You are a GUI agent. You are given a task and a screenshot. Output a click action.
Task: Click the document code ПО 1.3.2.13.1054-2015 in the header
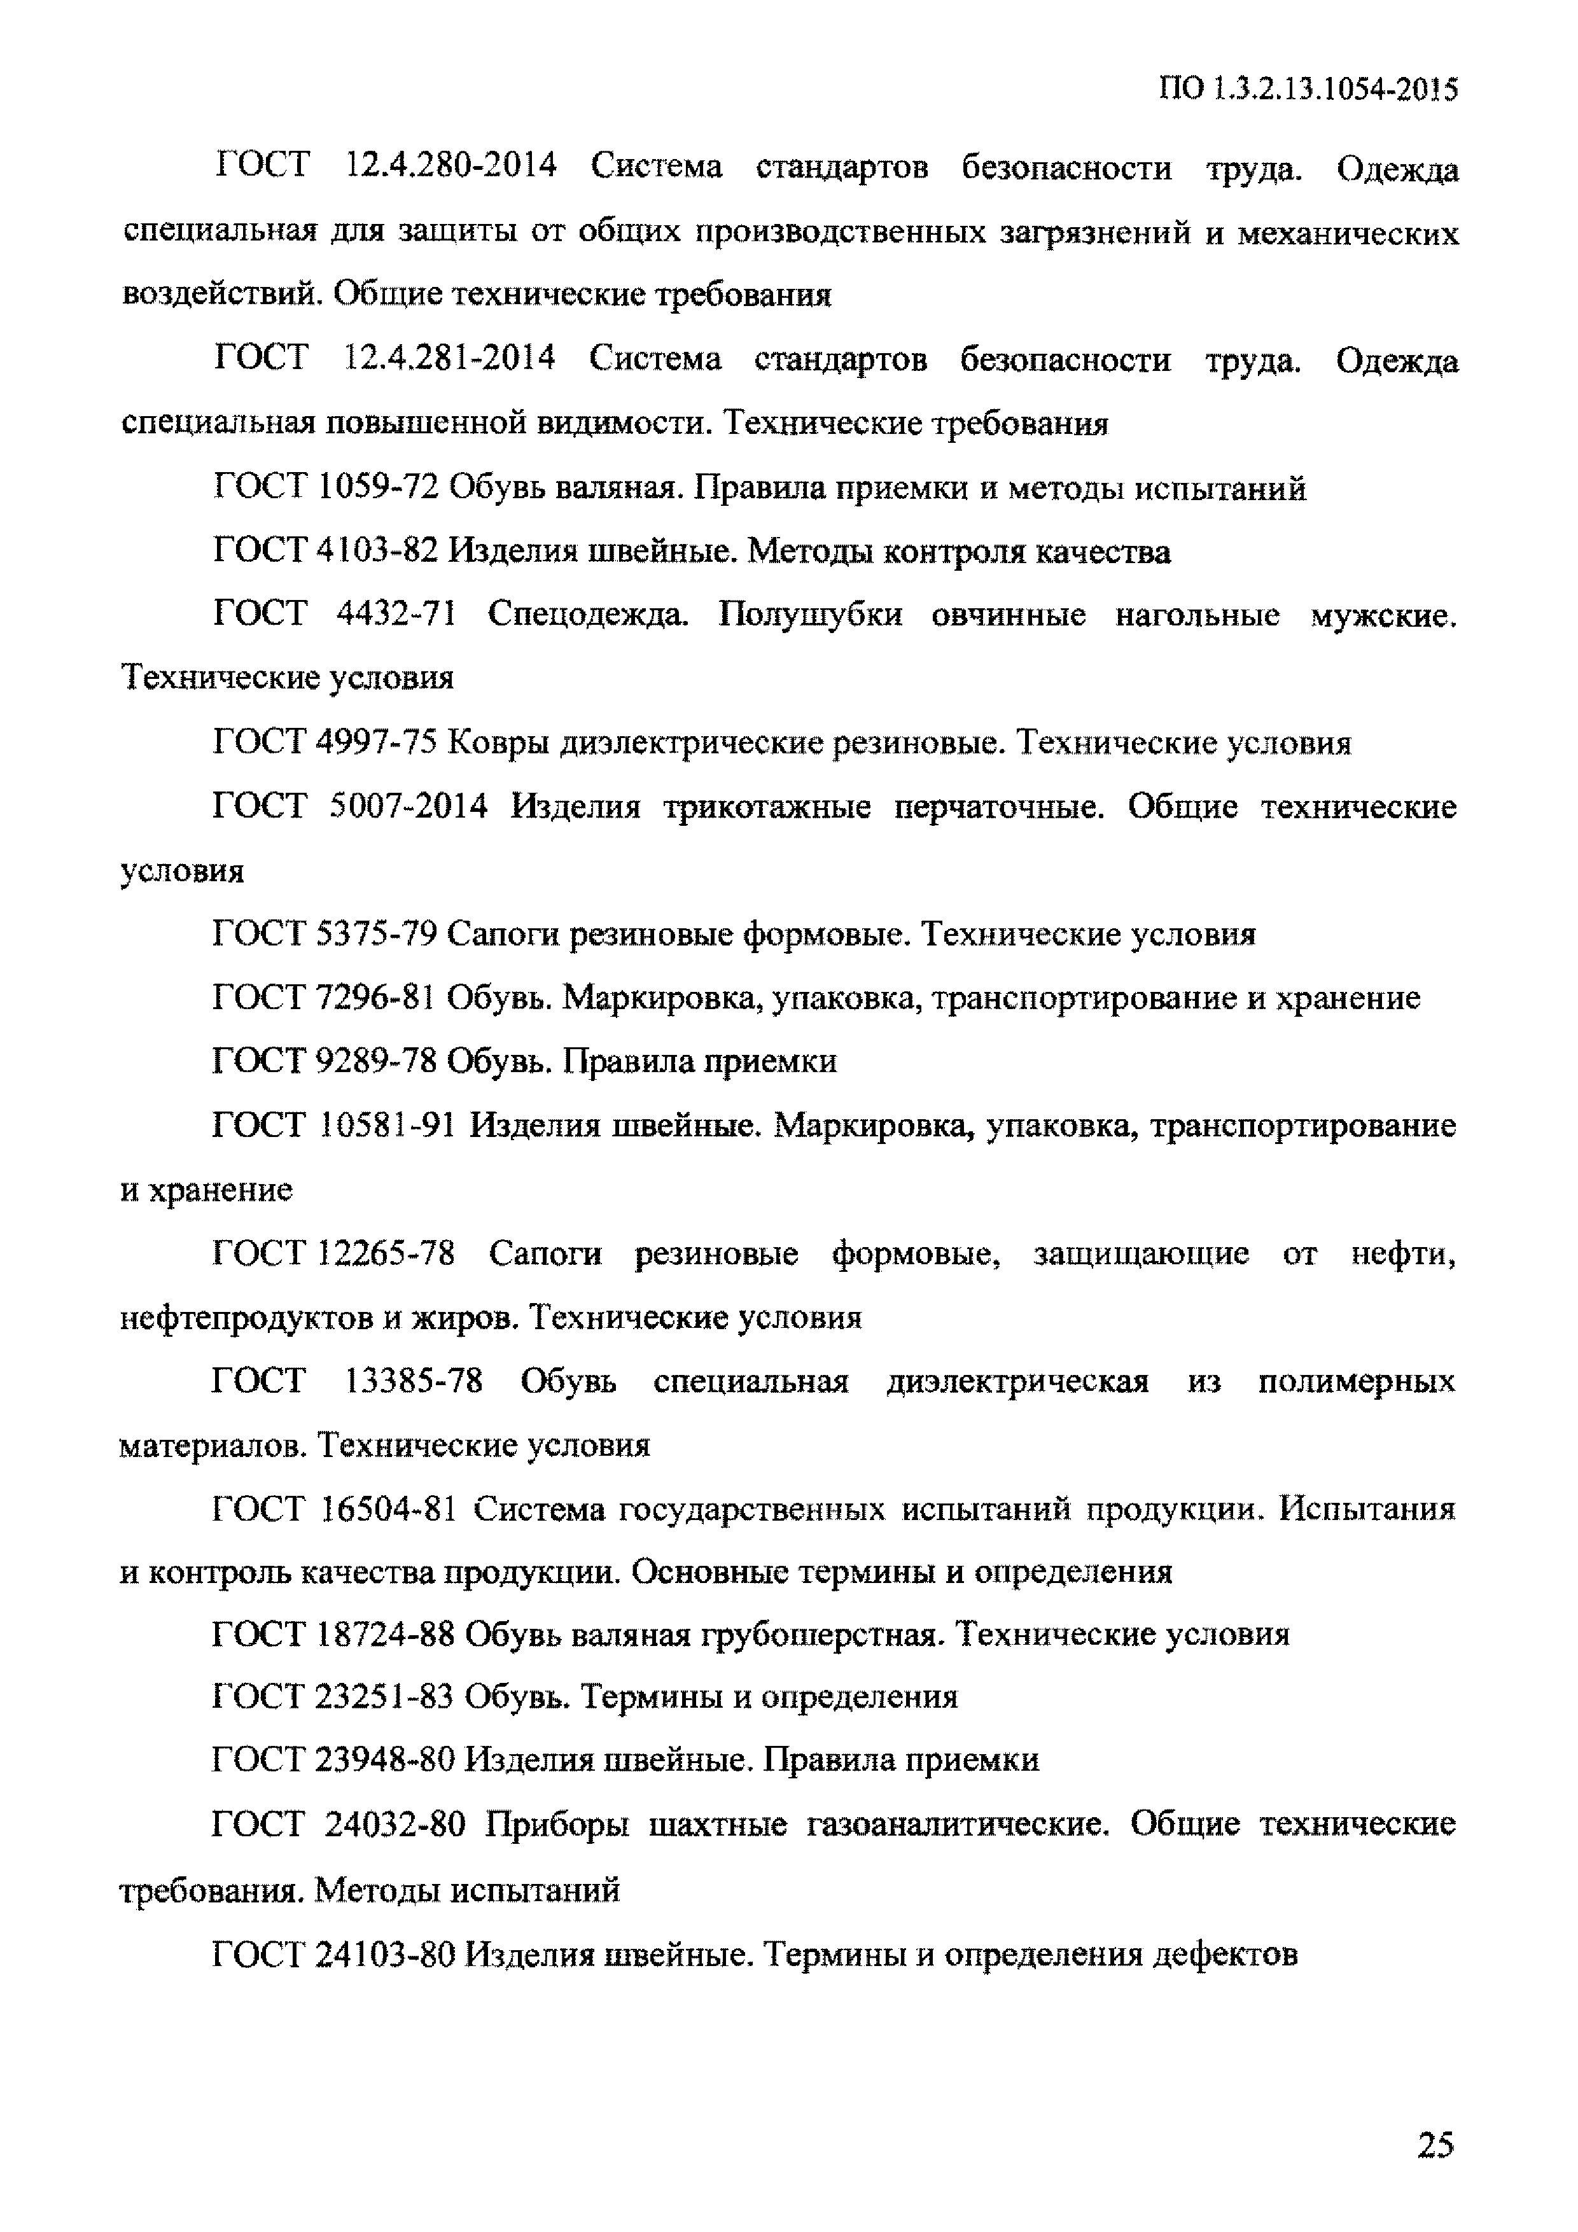coord(1308,90)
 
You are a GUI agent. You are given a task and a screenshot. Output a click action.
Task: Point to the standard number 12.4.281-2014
coord(450,359)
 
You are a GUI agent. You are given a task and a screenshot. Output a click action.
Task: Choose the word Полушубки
coord(810,615)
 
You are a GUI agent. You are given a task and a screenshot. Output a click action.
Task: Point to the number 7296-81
coord(378,998)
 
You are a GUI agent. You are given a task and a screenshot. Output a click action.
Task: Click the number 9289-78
coord(378,1061)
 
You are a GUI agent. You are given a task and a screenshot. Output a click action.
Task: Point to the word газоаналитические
coord(958,1825)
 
